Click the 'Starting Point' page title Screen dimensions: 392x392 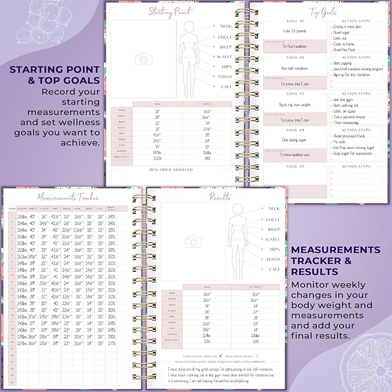(171, 11)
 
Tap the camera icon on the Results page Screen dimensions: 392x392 (192, 241)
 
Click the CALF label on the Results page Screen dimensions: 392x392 (274, 269)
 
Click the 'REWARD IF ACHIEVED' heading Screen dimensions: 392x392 (171, 169)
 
